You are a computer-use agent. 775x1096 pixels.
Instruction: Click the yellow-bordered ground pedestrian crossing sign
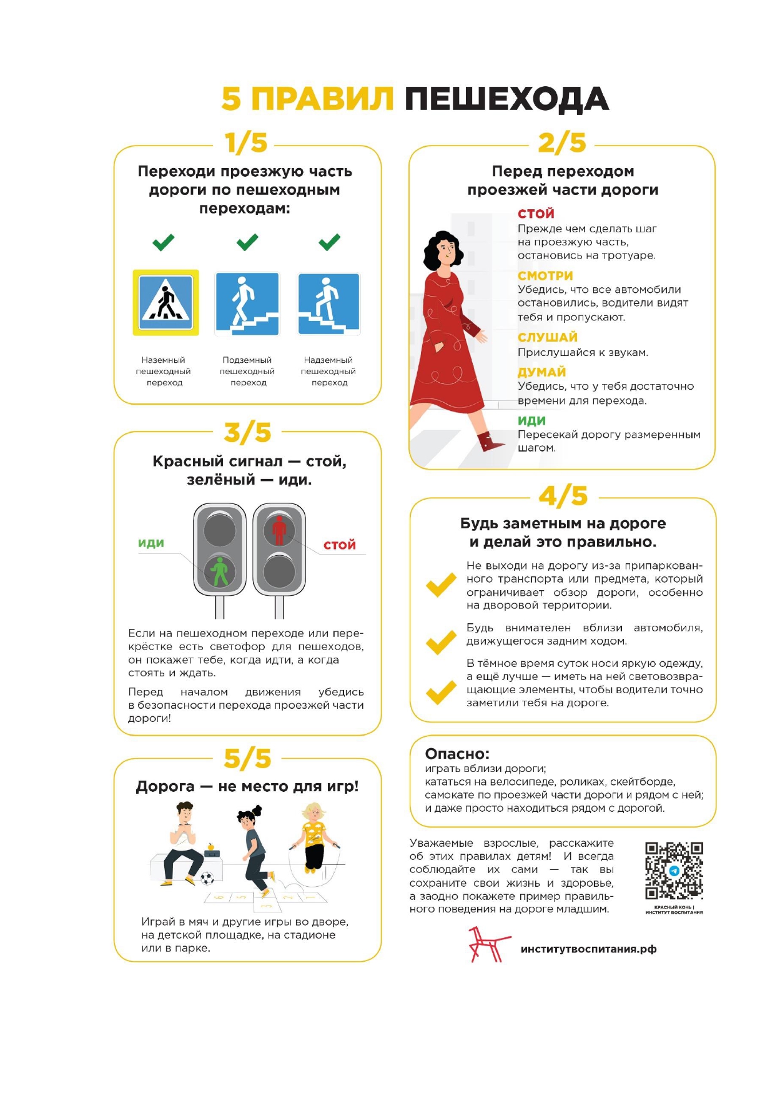[x=165, y=302]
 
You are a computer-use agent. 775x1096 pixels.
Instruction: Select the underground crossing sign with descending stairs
[x=247, y=304]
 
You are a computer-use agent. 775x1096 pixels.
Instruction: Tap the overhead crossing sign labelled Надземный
[x=328, y=304]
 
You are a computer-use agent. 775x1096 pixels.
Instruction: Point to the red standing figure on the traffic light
[x=279, y=530]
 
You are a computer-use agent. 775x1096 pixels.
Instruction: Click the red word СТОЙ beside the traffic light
[x=339, y=545]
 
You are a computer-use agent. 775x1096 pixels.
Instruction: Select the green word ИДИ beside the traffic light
[x=151, y=543]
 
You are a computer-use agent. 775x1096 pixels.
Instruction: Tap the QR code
[x=674, y=871]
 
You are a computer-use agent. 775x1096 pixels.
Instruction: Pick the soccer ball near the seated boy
[x=207, y=878]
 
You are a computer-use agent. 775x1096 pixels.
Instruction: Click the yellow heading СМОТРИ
[x=545, y=276]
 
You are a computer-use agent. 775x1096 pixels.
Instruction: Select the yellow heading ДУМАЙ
[x=541, y=372]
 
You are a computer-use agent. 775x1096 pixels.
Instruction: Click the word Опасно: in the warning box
[x=457, y=754]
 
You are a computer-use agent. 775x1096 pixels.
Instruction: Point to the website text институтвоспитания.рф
[x=588, y=949]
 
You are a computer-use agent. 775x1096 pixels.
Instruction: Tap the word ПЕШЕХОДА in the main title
[x=506, y=99]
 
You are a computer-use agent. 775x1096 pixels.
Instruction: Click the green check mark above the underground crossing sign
[x=247, y=242]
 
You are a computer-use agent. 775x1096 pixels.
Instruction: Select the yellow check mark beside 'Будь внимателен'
[x=441, y=642]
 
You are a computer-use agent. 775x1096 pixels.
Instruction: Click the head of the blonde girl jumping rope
[x=313, y=813]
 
